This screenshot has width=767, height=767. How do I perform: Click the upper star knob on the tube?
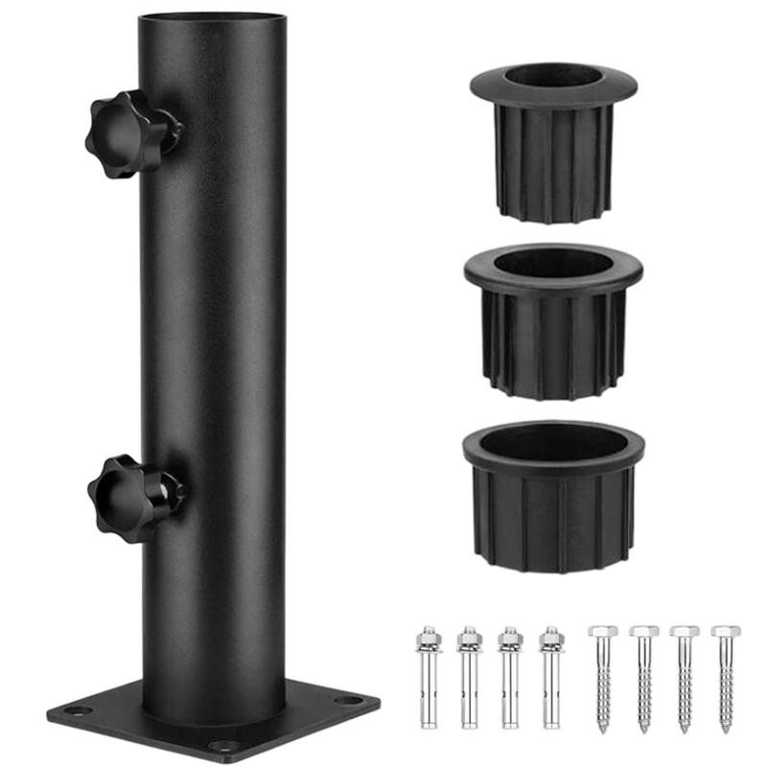(129, 134)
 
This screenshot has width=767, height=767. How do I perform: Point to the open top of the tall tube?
(212, 18)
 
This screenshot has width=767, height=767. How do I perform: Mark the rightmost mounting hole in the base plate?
(350, 701)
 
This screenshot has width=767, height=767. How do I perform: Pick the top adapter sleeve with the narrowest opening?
(553, 139)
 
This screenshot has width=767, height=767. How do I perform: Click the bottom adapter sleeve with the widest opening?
(553, 494)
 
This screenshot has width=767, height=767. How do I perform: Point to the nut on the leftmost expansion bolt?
(427, 639)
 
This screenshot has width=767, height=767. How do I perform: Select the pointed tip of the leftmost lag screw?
(602, 731)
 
